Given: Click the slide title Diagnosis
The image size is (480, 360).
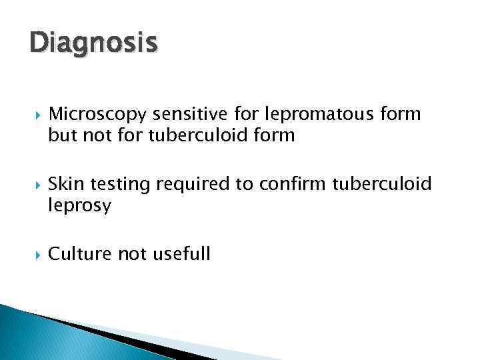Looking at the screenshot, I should (93, 43).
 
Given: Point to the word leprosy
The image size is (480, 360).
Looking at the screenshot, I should (79, 205).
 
